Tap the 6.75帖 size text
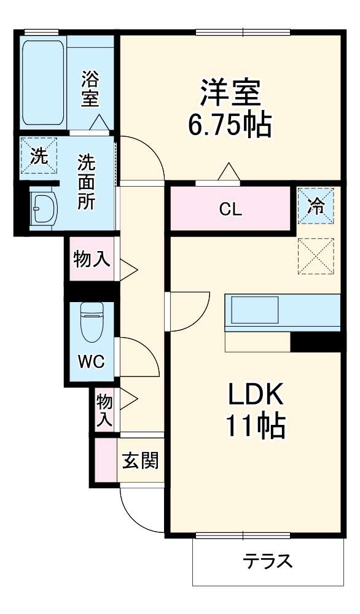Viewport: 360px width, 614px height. tap(230, 125)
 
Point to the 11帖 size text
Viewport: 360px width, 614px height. tap(256, 426)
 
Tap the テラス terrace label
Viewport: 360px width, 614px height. tap(267, 561)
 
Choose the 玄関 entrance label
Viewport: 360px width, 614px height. tap(140, 460)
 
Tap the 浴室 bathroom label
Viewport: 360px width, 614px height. tap(90, 88)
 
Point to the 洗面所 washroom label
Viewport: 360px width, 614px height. tap(85, 182)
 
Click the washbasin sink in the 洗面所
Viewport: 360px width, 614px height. tap(44, 209)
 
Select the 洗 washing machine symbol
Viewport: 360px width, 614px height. tap(39, 157)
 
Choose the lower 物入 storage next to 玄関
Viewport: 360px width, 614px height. tap(104, 410)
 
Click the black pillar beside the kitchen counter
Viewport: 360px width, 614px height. tap(315, 342)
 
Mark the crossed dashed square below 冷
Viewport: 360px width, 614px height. tap(316, 255)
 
